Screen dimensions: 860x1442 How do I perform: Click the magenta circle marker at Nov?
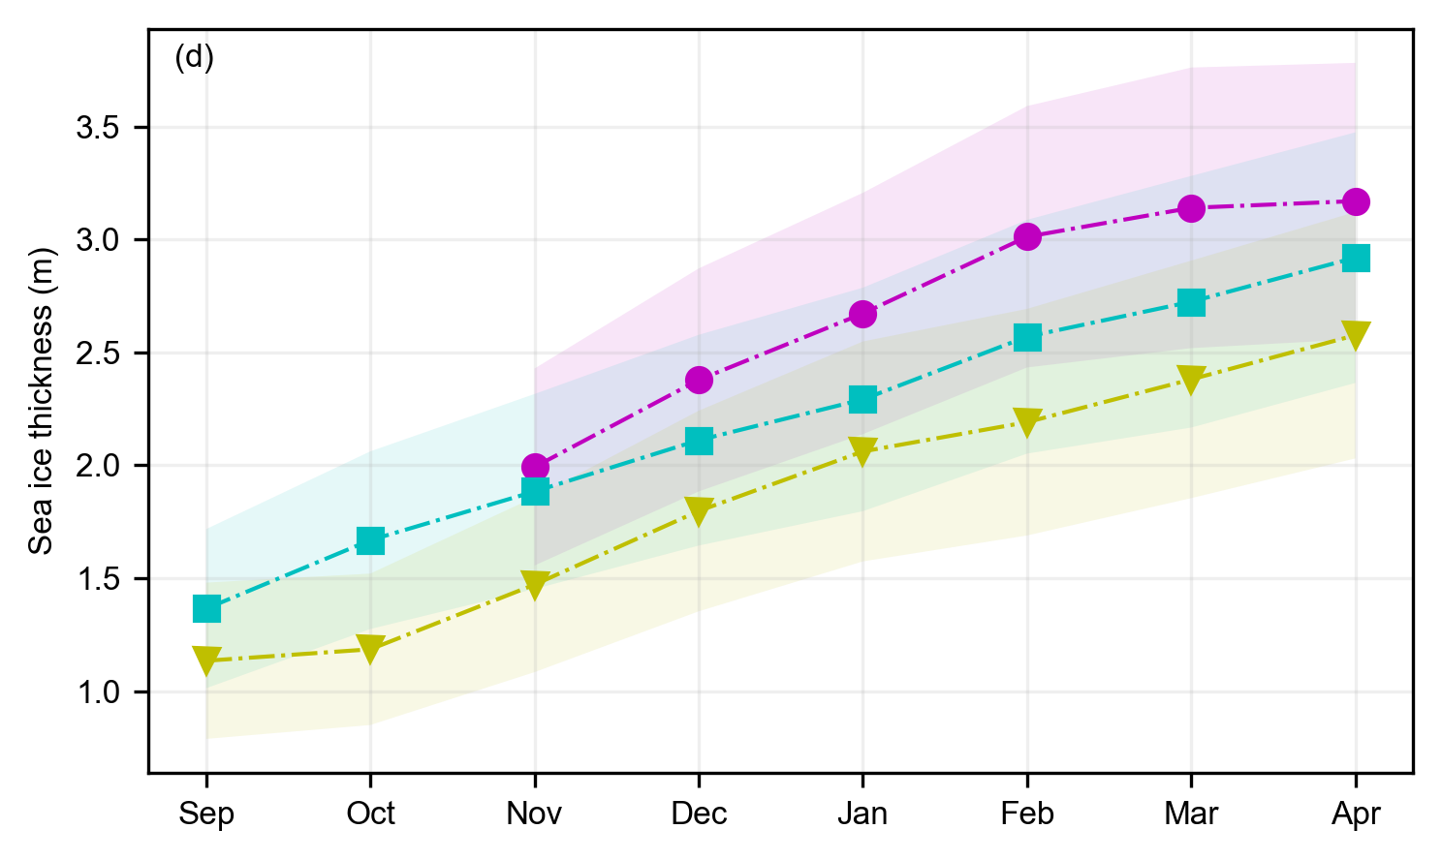click(535, 467)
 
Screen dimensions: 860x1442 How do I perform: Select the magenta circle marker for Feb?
click(1027, 236)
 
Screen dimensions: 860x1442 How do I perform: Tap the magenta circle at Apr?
click(1356, 201)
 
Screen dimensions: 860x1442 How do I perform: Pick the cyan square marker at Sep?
click(206, 608)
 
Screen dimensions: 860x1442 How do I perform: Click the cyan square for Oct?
click(371, 540)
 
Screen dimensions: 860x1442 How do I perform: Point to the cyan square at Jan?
click(862, 399)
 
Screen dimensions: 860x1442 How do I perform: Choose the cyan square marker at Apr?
click(1356, 258)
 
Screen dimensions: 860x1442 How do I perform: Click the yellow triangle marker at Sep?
click(206, 660)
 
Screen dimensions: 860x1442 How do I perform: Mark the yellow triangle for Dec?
click(699, 510)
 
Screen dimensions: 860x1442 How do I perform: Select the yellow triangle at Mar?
click(1191, 379)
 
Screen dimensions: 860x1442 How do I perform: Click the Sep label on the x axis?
click(206, 814)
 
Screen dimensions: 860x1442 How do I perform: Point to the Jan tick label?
click(862, 814)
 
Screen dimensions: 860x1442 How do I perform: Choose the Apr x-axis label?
click(1356, 814)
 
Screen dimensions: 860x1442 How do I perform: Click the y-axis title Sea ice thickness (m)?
click(41, 401)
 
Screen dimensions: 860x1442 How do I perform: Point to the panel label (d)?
click(194, 58)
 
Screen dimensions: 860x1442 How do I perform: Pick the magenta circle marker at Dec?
click(699, 380)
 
